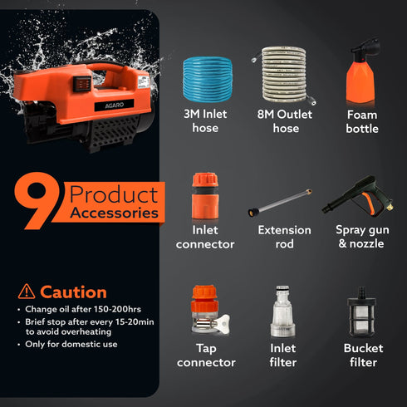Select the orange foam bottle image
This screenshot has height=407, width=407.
tap(361, 81)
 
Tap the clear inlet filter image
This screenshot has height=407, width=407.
tap(283, 313)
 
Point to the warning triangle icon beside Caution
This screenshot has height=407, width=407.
tap(27, 292)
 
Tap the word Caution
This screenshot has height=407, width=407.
tap(73, 292)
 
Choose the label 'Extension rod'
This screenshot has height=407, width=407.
tap(283, 237)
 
